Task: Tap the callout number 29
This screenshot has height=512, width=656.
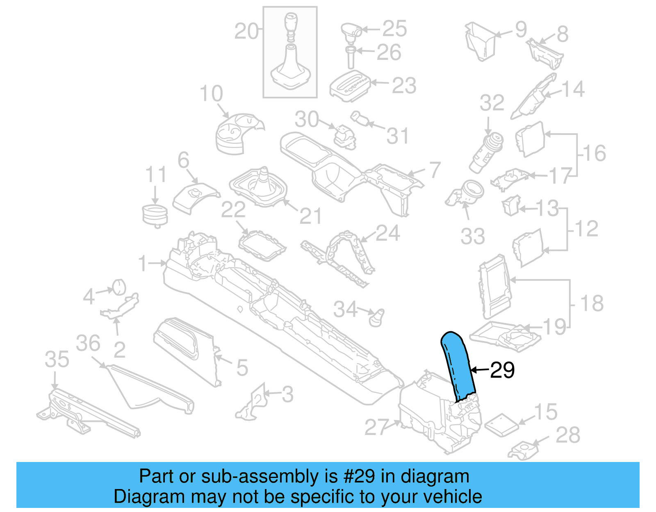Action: coord(502,370)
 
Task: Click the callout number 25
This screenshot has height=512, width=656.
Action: coord(394,29)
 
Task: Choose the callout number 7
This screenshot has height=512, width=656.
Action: coord(435,170)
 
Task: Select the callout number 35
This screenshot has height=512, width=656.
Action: coord(57,360)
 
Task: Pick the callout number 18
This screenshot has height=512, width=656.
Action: coord(592,303)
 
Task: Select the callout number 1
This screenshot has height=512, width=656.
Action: coord(142,263)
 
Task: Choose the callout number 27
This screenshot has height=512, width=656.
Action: coord(376,427)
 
